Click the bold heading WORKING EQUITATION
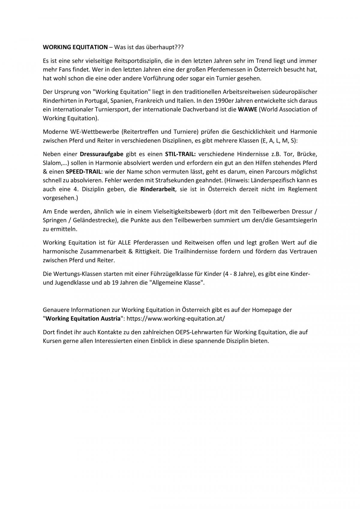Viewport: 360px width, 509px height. tap(75, 47)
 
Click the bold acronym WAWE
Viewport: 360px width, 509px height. tap(247, 109)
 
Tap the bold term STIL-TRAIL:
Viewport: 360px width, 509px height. tap(180, 154)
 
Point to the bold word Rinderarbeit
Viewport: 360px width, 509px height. tap(158, 189)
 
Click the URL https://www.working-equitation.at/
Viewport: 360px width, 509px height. tap(175, 319)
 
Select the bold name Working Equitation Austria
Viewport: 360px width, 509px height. tap(83, 319)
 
